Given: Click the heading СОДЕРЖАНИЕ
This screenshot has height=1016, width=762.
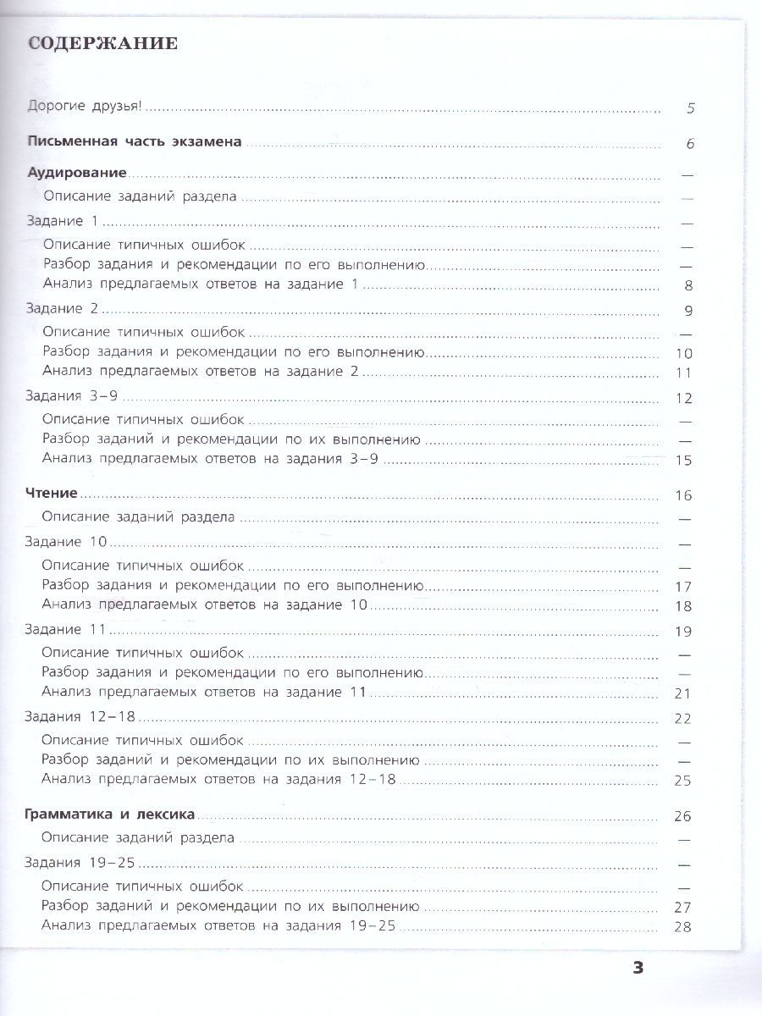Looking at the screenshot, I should click(102, 44).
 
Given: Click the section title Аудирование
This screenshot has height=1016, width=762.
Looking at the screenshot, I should click(77, 173).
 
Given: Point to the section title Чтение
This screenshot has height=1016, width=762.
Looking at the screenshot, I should click(52, 494).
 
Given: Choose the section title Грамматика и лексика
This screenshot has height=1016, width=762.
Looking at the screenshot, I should click(110, 814).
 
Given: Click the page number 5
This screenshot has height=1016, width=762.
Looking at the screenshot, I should click(690, 108).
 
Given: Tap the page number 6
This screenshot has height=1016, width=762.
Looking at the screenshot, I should click(690, 143).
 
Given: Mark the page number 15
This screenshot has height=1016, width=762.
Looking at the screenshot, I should click(684, 461).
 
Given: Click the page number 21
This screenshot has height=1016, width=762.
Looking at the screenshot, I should click(684, 693).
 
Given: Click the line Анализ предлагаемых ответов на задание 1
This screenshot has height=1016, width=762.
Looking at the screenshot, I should click(201, 284).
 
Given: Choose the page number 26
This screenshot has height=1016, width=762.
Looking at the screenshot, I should click(683, 816).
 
